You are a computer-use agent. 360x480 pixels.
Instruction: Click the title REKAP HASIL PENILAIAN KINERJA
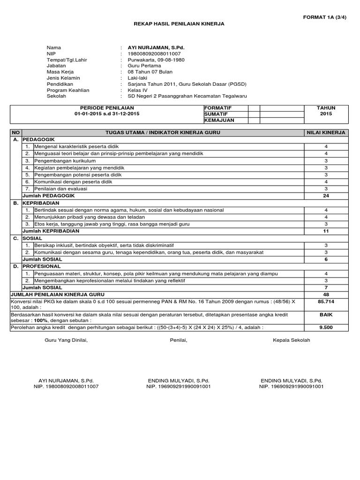180,24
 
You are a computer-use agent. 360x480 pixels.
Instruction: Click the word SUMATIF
215,114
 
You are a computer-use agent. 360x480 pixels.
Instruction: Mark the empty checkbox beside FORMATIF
254,108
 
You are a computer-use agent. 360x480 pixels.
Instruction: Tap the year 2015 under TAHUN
326,114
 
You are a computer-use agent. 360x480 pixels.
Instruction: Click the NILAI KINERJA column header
326,133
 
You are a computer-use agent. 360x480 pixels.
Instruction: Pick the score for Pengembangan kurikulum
326,161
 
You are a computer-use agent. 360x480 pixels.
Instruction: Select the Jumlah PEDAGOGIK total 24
326,195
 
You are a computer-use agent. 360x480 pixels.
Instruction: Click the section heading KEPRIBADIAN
41,203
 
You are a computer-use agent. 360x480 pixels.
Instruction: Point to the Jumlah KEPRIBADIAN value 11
326,231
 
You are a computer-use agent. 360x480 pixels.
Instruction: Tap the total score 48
326,294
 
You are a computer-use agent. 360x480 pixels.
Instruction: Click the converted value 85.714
326,302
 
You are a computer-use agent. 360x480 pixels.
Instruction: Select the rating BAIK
326,315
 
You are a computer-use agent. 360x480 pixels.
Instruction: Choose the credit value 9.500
326,328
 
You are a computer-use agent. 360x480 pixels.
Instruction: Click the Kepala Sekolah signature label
291,340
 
